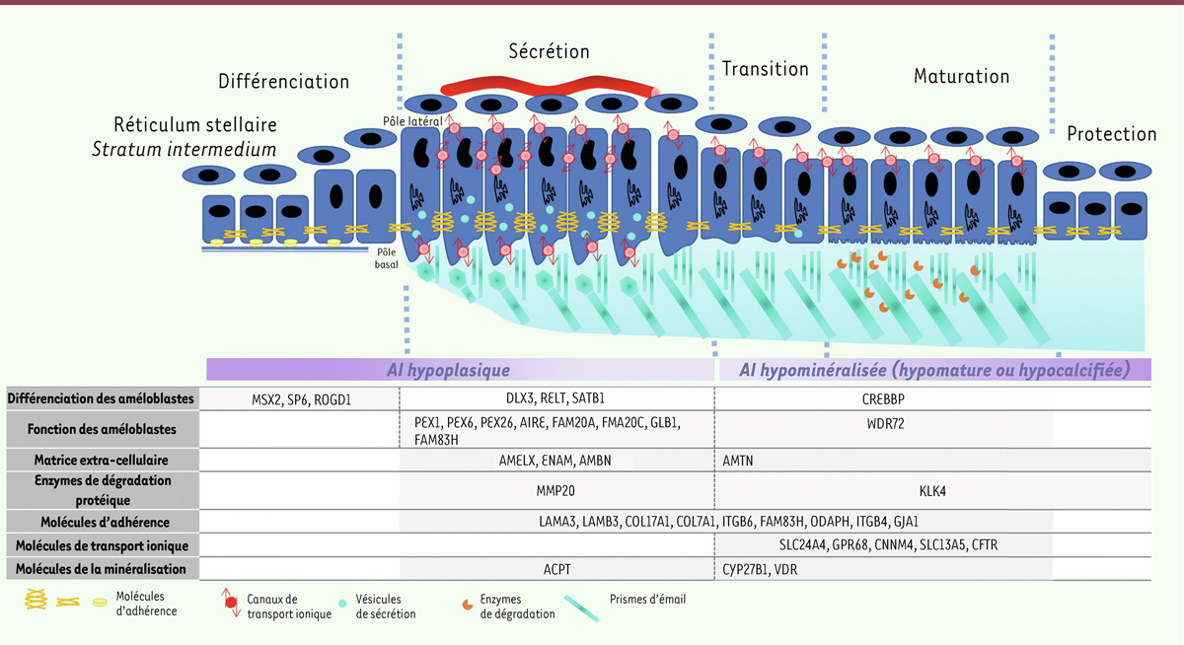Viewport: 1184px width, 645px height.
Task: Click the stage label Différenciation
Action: (284, 81)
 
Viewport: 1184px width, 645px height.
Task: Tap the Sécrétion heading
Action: (550, 51)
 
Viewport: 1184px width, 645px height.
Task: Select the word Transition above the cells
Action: (765, 69)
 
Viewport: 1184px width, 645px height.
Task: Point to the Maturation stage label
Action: (961, 76)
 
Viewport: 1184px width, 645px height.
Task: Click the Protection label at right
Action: (1111, 134)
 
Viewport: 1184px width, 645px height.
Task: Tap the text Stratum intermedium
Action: (185, 150)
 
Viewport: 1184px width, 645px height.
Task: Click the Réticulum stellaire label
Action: (195, 125)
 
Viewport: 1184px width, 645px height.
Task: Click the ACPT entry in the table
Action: (556, 569)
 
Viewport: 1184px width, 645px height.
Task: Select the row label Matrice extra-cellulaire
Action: (102, 460)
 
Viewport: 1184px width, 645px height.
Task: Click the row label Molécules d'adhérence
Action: (102, 521)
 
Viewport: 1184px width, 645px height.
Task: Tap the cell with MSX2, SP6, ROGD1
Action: (302, 398)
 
